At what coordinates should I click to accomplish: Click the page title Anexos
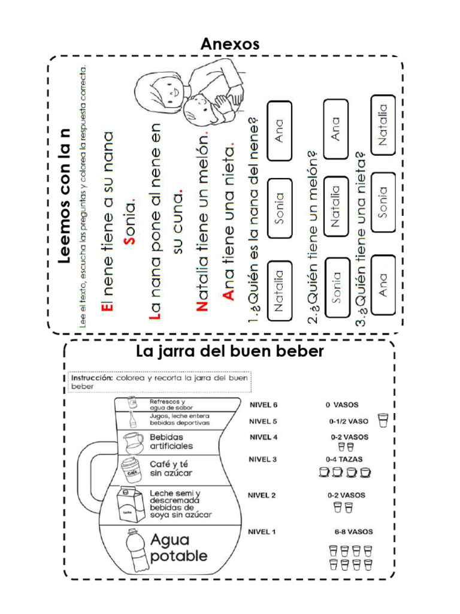click(230, 44)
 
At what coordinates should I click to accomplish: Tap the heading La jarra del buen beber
click(230, 351)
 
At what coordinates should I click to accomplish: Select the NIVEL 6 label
click(264, 405)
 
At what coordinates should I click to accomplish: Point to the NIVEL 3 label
click(264, 460)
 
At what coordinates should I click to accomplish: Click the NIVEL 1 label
click(262, 532)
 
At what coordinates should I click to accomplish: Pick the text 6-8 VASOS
click(353, 532)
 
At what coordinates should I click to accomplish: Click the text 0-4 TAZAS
click(344, 459)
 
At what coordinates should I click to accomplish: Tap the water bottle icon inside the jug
click(134, 551)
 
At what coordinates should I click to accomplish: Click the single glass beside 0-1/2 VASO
click(383, 420)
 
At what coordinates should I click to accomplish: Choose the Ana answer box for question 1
click(279, 131)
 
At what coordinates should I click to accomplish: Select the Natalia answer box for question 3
click(383, 125)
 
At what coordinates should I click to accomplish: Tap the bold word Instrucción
click(92, 379)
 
